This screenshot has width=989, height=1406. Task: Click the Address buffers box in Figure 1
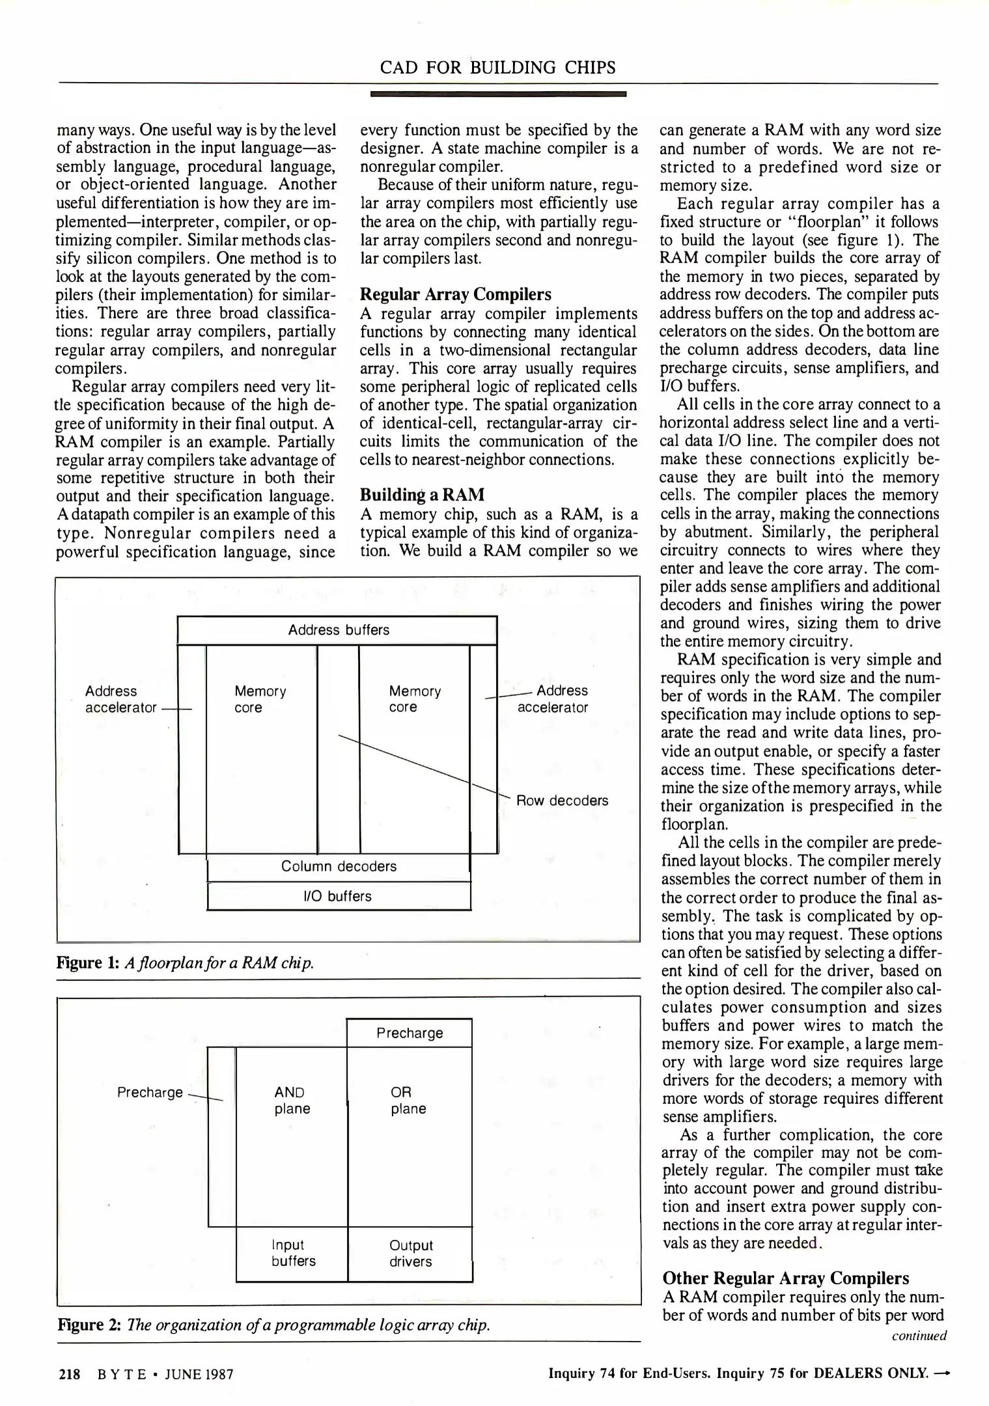pos(338,630)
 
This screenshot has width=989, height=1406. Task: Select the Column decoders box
pos(338,866)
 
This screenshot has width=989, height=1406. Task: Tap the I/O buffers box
pos(338,896)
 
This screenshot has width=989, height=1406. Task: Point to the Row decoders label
pos(562,801)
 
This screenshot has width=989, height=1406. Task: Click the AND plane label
pos(291,1101)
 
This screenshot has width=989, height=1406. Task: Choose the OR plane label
pos(408,1101)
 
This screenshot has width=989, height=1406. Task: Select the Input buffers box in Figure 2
pos(292,1253)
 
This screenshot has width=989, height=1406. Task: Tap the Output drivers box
pos(410,1254)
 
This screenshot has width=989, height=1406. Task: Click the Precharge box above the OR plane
pos(410,1033)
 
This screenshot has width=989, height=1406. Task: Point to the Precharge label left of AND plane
pos(150,1093)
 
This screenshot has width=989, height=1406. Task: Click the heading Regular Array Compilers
pos(455,295)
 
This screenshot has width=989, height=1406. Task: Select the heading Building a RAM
pos(422,495)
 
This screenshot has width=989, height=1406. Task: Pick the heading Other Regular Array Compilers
pos(785,1278)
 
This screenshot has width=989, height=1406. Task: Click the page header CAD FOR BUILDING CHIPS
pos(497,68)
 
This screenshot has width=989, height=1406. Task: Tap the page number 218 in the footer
pos(69,1374)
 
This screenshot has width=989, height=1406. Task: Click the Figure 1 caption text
pos(186,962)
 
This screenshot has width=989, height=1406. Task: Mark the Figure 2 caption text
pos(273,1325)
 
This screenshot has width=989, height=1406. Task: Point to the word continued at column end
pos(919,1336)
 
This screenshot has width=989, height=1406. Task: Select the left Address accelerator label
pos(120,699)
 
